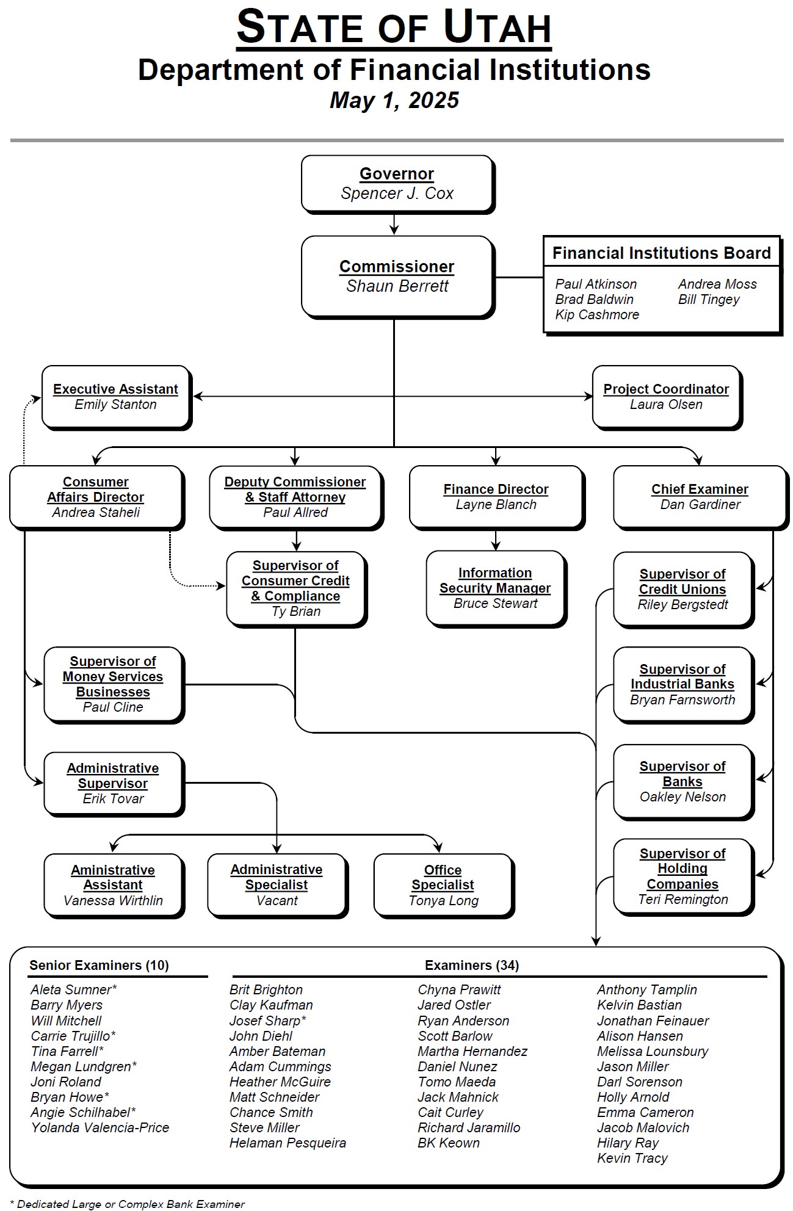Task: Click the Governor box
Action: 397,184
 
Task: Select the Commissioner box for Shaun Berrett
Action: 397,277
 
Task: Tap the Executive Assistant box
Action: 117,397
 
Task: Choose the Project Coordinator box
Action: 667,397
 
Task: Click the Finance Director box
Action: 496,497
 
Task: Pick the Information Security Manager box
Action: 496,588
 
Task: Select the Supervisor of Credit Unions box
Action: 683,590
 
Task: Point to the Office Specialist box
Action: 444,886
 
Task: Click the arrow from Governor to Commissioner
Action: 394,224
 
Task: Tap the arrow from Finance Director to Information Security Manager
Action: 496,540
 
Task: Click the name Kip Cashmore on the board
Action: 597,315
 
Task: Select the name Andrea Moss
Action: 717,284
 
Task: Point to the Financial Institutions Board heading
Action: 662,253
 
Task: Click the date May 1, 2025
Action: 394,100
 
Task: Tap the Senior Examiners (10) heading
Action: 99,965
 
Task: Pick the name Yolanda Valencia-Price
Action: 100,1127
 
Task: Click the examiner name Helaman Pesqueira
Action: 288,1143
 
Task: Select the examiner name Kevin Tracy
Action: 632,1158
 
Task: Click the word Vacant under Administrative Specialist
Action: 277,901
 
